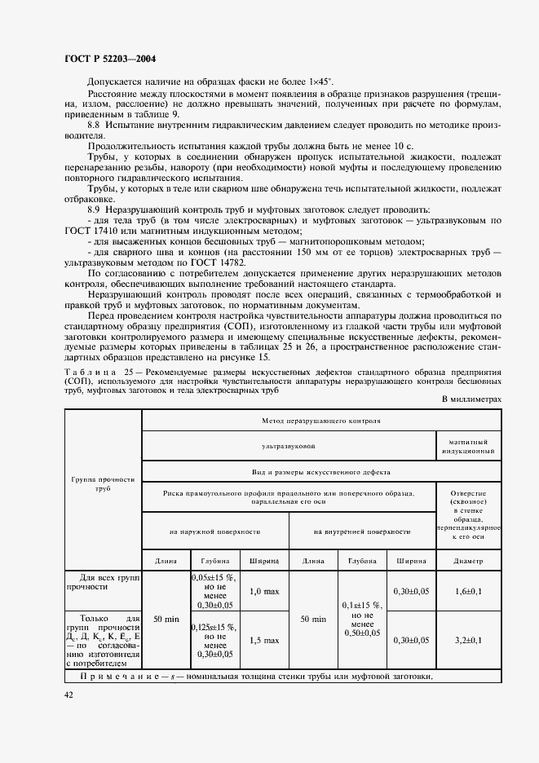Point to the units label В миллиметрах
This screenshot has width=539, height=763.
pos(471,399)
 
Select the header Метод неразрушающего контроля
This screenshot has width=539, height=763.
pos(321,421)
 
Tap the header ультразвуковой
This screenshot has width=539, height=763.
pos(289,446)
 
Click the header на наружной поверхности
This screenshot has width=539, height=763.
pos(215,531)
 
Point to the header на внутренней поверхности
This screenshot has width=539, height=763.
pos(362,531)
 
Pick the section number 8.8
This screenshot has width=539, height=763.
pos(94,125)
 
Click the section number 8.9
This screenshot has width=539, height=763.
pos(94,209)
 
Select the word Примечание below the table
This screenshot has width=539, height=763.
pos(117,677)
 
